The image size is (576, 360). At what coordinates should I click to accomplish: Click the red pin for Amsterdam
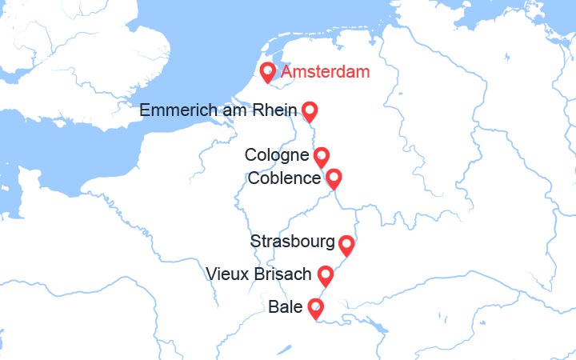(x=268, y=72)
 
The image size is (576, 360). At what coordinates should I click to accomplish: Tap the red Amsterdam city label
(x=326, y=72)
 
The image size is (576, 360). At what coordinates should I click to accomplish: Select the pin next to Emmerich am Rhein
(x=309, y=110)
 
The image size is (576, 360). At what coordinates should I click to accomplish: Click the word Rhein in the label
(x=276, y=110)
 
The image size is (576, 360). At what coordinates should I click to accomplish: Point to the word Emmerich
(x=178, y=110)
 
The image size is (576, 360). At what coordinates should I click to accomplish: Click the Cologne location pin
(x=321, y=155)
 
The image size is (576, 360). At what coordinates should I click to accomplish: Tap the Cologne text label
(x=277, y=155)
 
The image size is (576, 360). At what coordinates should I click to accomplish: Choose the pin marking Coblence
(x=334, y=178)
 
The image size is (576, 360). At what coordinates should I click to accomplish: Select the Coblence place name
(x=285, y=178)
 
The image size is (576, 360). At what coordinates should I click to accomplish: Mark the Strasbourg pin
(x=346, y=243)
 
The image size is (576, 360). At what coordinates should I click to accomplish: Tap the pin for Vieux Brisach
(x=326, y=274)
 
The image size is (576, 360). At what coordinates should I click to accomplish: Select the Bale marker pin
(x=317, y=307)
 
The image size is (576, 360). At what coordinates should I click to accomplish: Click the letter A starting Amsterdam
(x=287, y=72)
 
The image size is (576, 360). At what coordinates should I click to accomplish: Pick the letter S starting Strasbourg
(x=255, y=242)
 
